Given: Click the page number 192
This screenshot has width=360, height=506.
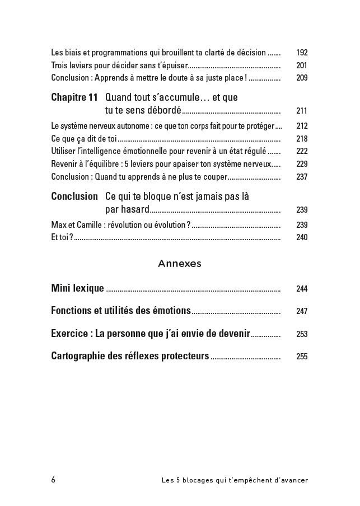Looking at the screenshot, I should click(302, 53).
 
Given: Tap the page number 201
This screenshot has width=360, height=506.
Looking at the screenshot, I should click(302, 65).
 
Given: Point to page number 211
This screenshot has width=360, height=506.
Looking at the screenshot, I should click(302, 111).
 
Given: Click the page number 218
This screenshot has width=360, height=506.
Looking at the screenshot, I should click(302, 139).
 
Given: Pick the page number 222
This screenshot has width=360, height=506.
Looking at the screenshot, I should click(302, 151).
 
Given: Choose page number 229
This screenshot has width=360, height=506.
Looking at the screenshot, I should click(302, 164).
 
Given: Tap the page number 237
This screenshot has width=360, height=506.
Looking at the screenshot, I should click(302, 177).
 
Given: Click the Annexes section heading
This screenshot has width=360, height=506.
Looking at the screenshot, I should click(180, 263).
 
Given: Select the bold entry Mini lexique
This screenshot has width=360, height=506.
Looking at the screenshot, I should click(77, 288).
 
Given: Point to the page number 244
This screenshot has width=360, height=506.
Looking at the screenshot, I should click(302, 289).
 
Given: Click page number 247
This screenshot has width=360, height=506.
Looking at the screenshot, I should click(302, 311).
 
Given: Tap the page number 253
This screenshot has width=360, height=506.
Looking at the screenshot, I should click(302, 334).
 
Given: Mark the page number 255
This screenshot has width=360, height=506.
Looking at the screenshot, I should click(302, 357).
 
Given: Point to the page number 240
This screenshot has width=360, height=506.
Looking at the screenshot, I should click(302, 237).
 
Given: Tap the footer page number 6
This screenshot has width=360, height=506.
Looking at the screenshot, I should click(53, 480).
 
